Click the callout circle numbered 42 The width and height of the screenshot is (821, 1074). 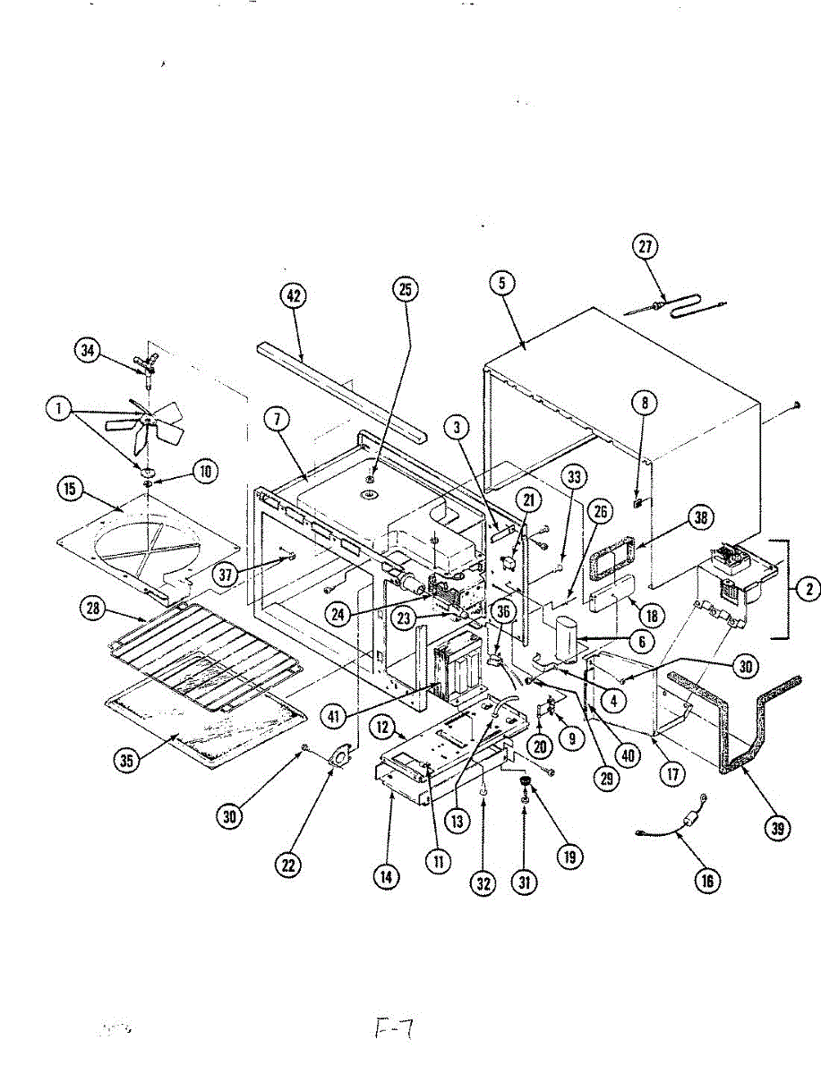click(293, 296)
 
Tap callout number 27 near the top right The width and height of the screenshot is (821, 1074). click(645, 248)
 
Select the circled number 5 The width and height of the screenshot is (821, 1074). click(502, 284)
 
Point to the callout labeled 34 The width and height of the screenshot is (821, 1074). click(87, 351)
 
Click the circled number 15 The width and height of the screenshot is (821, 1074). click(69, 489)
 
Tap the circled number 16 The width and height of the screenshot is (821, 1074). click(706, 880)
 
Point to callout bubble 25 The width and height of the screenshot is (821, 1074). click(406, 288)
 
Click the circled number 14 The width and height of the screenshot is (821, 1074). click(385, 877)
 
